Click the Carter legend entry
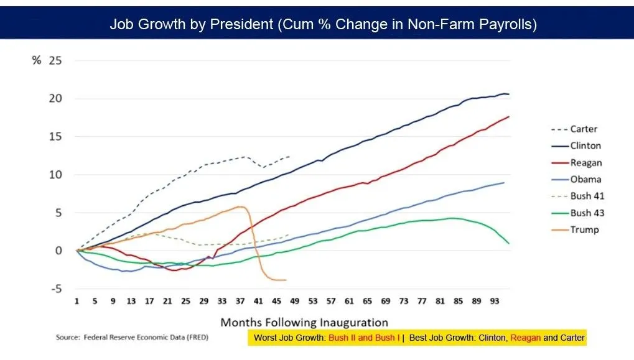pyautogui.click(x=584, y=129)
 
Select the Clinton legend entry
pyautogui.click(x=585, y=145)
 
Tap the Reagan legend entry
pyautogui.click(x=586, y=163)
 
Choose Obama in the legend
pyautogui.click(x=585, y=180)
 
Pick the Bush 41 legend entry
pyautogui.click(x=587, y=196)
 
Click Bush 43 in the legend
pyautogui.click(x=587, y=213)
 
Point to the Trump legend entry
pyautogui.click(x=584, y=230)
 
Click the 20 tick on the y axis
pyautogui.click(x=57, y=99)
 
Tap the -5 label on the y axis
pyautogui.click(x=57, y=288)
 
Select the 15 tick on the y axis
pyautogui.click(x=57, y=137)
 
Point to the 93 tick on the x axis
pyautogui.click(x=495, y=301)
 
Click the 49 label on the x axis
pyautogui.click(x=294, y=301)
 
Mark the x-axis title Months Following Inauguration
pyautogui.click(x=304, y=322)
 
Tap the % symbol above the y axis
pyautogui.click(x=37, y=61)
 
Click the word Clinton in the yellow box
pyautogui.click(x=493, y=338)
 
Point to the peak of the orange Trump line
pyautogui.click(x=241, y=206)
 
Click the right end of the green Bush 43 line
pyautogui.click(x=508, y=243)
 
